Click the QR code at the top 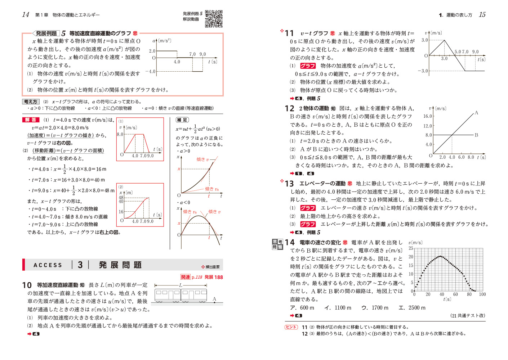pos(214,19)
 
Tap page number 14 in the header pos(26,15)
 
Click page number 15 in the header pos(482,15)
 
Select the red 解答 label pos(31,120)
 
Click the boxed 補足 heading pos(182,120)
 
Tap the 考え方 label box pos(30,102)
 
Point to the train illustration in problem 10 pos(181,294)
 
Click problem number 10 pos(27,285)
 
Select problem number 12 pos(289,108)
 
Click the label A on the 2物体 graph pos(476,113)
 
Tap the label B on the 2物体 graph pos(476,135)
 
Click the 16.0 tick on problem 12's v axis pos(428,116)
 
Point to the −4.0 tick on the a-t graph pos(150,72)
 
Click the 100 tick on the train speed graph pos(482,294)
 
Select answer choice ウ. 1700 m pos(375,308)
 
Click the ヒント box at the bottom pos(291,327)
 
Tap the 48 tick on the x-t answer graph pos(121,198)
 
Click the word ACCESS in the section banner pos(48,265)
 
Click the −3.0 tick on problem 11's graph pos(423,71)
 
